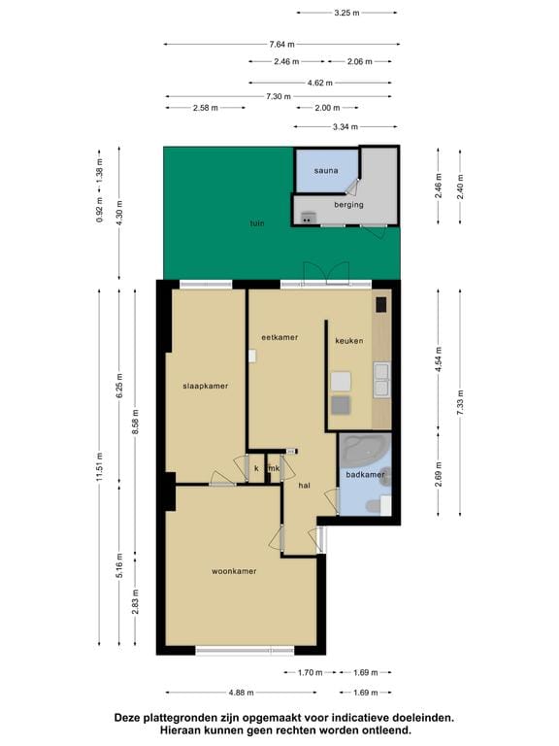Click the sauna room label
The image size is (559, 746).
pos(326,170)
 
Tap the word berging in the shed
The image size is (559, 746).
pos(348,205)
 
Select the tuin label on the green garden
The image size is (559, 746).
pos(257,223)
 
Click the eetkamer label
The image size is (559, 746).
pos(279,337)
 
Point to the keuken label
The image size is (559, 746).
pos(349,341)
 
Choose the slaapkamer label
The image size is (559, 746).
pos(206,386)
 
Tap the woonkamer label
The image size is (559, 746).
pos(234,571)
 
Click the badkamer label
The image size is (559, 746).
pos(365,474)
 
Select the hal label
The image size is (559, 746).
pos(304,486)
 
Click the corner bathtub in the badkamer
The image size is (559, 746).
pos(364,450)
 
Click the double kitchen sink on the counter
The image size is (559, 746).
pos(381,380)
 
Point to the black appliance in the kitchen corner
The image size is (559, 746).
pos(381,304)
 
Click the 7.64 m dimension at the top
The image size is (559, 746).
pos(281,45)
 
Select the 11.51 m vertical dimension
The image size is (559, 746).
pos(99,466)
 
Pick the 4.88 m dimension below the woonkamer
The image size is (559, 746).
pos(241,693)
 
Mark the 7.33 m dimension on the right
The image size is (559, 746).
pos(460,402)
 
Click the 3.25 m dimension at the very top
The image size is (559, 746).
pos(346,13)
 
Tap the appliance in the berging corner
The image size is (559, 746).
pos(308,218)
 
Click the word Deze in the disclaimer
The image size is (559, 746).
pos(128,718)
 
